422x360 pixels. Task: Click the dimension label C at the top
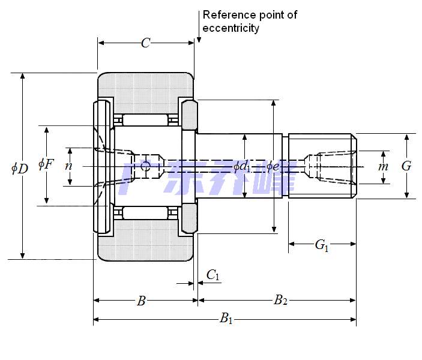(145, 43)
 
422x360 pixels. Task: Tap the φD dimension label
(20, 168)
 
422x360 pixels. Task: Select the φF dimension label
(46, 163)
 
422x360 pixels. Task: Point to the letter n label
(68, 165)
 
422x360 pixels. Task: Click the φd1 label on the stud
(242, 166)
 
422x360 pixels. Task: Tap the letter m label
(383, 166)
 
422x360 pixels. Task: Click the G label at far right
(406, 166)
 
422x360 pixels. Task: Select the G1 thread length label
(322, 245)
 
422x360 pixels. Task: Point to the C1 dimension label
(213, 275)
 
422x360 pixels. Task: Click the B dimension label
(141, 301)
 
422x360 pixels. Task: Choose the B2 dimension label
(280, 301)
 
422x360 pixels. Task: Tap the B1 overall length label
(226, 319)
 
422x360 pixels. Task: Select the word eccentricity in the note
(231, 28)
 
